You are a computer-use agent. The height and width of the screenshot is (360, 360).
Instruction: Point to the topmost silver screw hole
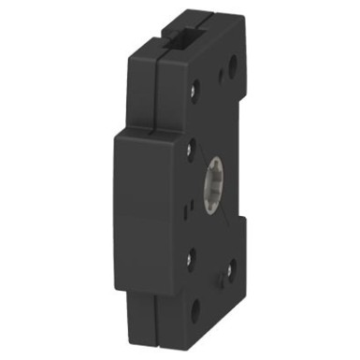194,92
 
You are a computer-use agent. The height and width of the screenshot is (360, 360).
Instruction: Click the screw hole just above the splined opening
192,148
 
